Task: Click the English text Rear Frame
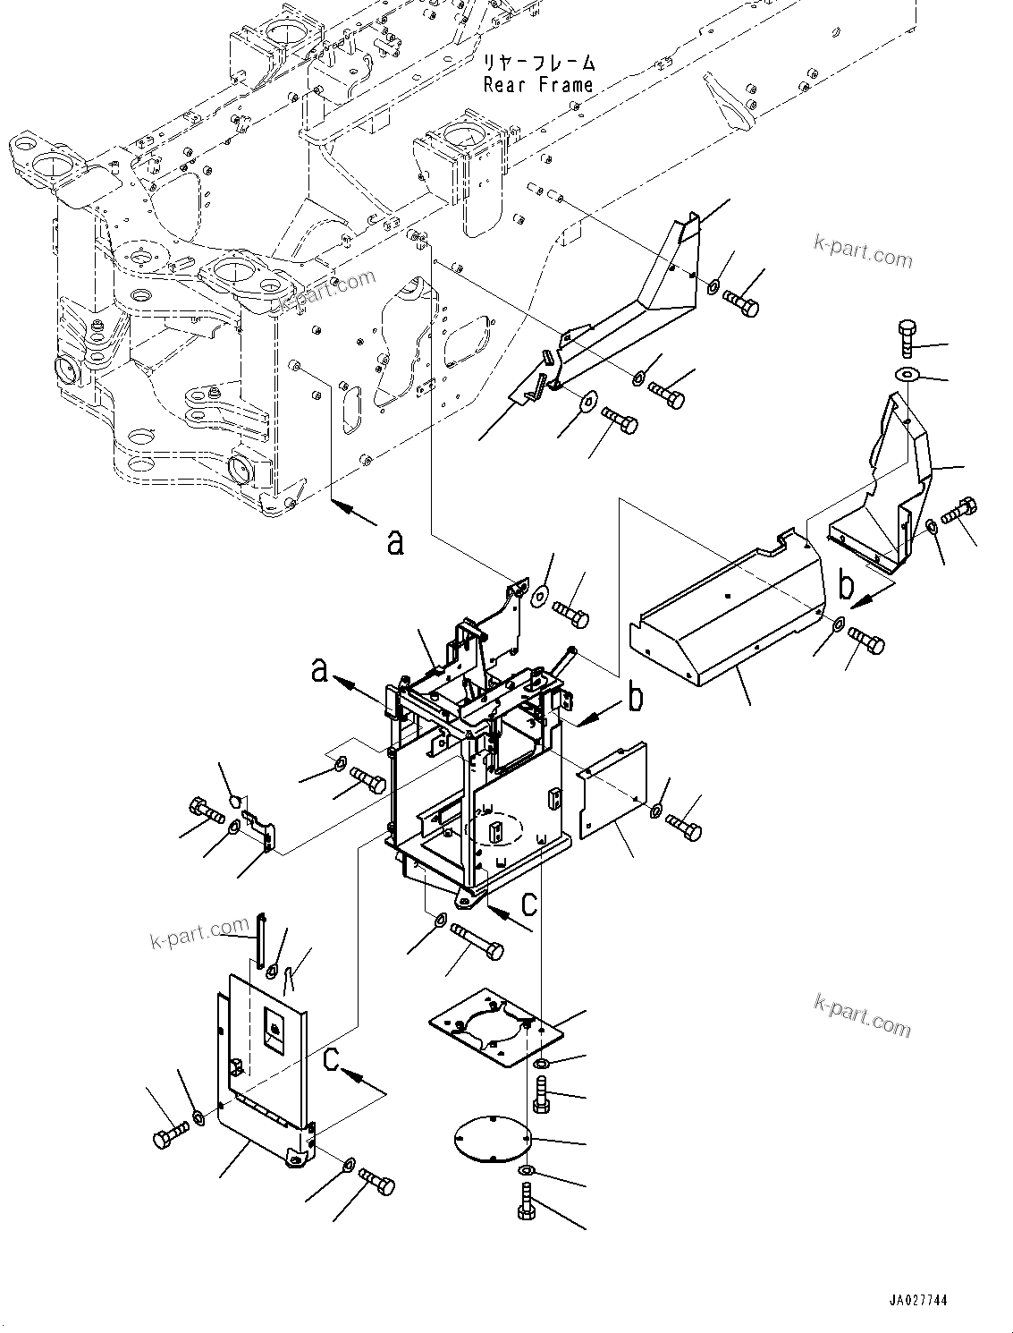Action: point(537,85)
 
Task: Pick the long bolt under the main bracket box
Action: point(477,939)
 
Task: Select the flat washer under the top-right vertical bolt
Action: point(907,373)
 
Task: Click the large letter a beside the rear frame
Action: point(394,540)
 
